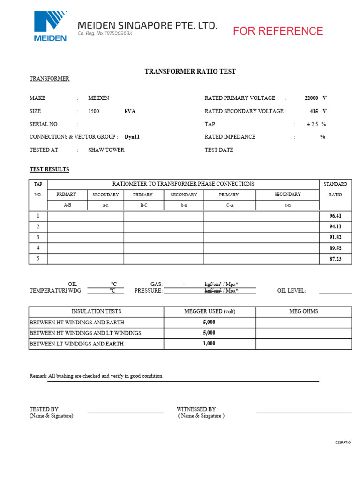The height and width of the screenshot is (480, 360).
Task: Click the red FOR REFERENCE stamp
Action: click(278, 31)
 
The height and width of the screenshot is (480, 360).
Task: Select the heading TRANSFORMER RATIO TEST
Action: click(190, 72)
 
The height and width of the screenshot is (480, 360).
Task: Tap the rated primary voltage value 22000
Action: click(311, 98)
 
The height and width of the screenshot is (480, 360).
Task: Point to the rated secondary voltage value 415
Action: click(314, 111)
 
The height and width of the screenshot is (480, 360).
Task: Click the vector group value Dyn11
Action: click(132, 137)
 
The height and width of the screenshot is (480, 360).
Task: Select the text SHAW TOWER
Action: click(106, 150)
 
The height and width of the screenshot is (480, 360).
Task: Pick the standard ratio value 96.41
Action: click(335, 216)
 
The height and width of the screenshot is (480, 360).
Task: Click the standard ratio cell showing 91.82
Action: click(335, 238)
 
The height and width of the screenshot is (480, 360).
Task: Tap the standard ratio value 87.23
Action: click(335, 259)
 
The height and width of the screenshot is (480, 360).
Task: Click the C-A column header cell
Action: click(229, 205)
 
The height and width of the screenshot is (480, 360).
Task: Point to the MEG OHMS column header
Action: click(303, 311)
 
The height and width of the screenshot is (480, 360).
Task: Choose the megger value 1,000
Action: click(209, 344)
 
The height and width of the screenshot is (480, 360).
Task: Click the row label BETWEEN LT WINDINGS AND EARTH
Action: click(77, 344)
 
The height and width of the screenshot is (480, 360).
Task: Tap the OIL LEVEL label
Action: click(292, 291)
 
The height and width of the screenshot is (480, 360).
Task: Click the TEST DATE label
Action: click(219, 150)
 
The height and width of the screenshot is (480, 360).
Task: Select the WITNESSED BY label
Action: click(197, 409)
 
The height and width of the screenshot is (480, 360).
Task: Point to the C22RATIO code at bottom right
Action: click(343, 442)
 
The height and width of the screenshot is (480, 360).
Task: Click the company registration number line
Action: click(105, 34)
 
